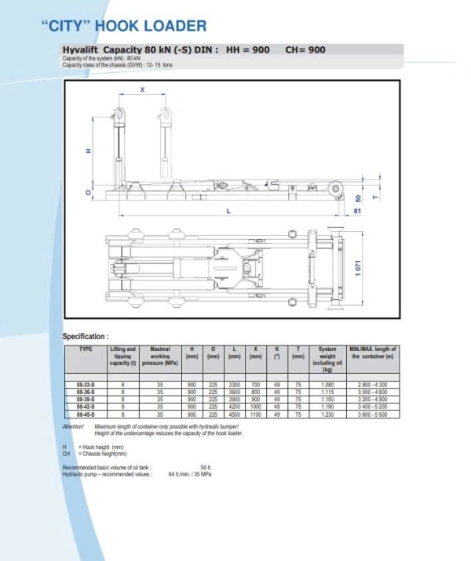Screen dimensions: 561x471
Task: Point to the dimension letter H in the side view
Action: click(89, 151)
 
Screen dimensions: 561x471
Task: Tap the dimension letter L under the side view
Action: click(227, 211)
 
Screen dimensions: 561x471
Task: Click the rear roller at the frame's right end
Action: click(338, 189)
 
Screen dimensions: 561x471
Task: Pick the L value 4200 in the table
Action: click(234, 407)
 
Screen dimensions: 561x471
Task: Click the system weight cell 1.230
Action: click(327, 414)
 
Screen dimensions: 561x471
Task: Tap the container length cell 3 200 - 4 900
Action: click(373, 400)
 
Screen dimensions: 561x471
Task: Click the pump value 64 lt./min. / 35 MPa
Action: click(189, 474)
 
